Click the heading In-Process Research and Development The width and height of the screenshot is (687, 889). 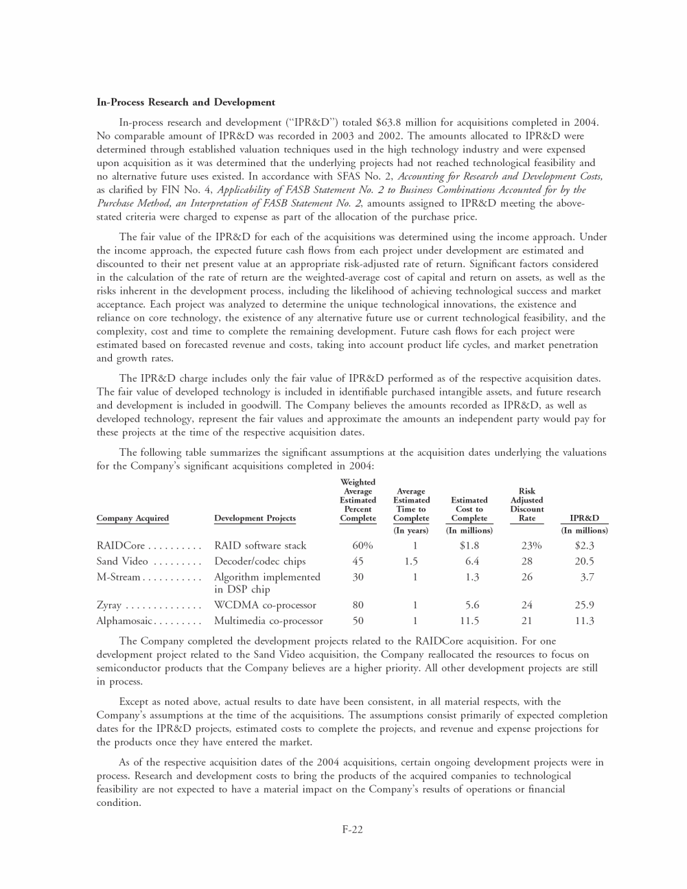(186, 102)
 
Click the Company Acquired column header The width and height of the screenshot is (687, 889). (132, 518)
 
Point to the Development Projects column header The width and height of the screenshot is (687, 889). (255, 518)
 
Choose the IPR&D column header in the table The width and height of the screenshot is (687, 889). (584, 518)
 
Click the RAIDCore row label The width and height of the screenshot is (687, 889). (121, 546)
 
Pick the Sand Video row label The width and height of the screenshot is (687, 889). (122, 562)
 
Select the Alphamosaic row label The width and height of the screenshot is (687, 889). (124, 621)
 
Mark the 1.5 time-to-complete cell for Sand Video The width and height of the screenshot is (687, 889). (411, 562)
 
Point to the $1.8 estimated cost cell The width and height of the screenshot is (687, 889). (469, 546)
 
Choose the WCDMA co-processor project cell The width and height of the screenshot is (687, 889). (265, 605)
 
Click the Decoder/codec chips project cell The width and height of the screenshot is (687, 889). (260, 562)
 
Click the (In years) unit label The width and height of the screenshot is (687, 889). (410, 531)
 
